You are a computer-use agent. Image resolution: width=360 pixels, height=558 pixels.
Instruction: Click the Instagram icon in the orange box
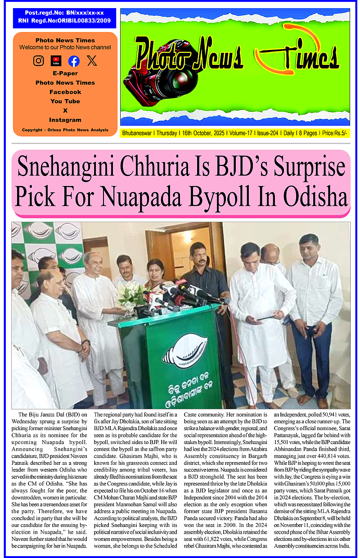pos(39,61)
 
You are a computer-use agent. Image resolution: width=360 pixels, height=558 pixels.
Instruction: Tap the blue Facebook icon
pos(74,61)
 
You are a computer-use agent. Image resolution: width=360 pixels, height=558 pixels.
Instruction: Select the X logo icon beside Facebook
pos(92,61)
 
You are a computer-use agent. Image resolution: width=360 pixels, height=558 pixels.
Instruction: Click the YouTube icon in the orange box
pos(56,61)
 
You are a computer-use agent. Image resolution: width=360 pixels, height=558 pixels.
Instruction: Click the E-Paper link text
pos(65,73)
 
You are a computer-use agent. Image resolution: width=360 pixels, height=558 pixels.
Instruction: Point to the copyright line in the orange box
pos(65,130)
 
